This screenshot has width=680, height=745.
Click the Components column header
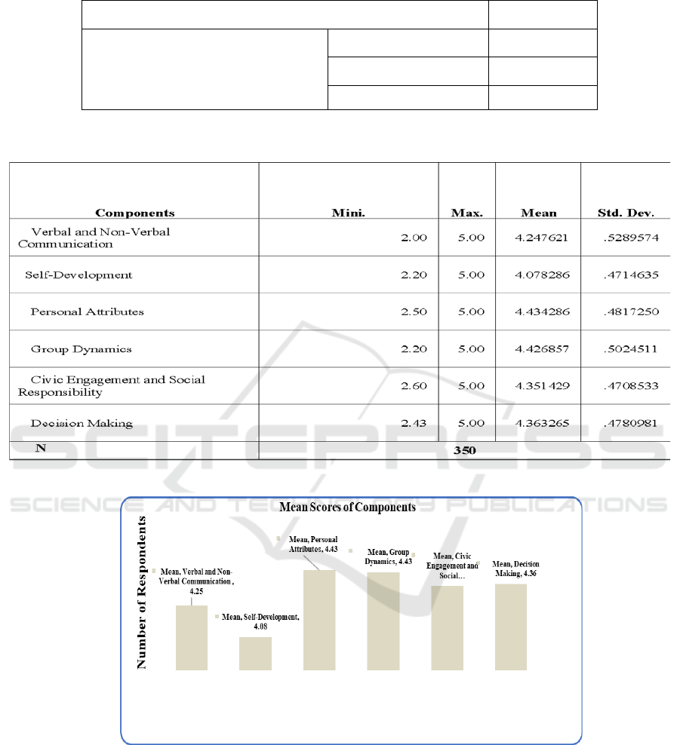coord(135,213)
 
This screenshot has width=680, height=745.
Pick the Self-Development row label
coord(78,274)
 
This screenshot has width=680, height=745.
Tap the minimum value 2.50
coord(414,311)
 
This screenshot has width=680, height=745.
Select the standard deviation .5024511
coord(629,348)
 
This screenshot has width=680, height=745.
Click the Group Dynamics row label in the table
coord(82,348)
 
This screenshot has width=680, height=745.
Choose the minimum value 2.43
coord(414,422)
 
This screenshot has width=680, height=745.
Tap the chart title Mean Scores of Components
coord(348,507)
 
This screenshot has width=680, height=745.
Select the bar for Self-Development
coord(255,653)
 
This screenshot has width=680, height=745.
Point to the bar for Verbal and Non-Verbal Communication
coord(192,637)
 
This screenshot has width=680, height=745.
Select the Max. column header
coord(467,213)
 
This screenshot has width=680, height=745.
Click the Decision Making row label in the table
coord(82,422)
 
